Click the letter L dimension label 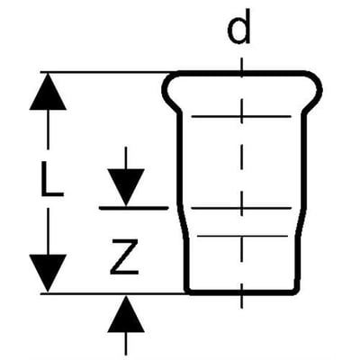pos(51,179)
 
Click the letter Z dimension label pos(125,256)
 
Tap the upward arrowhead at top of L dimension pos(48,92)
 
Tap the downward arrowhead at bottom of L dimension pos(48,273)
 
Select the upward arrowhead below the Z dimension pos(126,314)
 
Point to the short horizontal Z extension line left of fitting pos(133,208)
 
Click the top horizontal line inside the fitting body pos(241,116)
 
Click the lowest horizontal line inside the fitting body pos(242,237)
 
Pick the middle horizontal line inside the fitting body pos(241,208)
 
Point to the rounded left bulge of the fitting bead pos(166,89)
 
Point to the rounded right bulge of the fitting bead pos(319,89)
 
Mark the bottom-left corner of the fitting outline pos(186,292)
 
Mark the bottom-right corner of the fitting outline pos(297,292)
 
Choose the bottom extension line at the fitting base pos(113,294)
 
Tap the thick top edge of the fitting pos(242,72)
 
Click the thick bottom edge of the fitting pos(242,292)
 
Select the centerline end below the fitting pos(242,309)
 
